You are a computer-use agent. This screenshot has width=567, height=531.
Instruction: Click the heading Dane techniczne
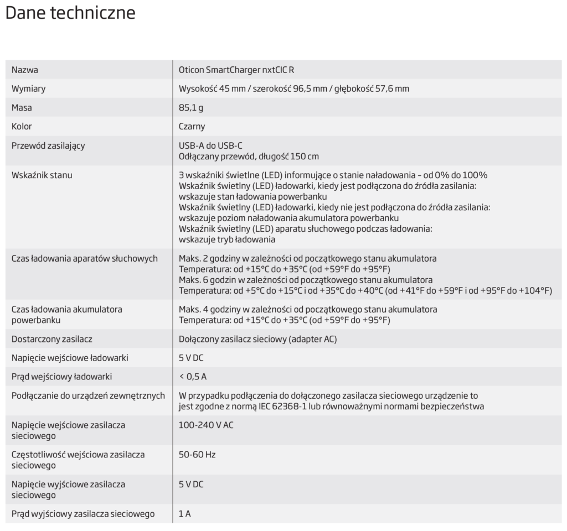(70, 13)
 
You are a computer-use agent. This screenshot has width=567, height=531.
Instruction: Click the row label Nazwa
(25, 70)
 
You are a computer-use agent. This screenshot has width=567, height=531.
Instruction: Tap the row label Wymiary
(29, 89)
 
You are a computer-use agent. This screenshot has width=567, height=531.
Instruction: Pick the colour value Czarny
(192, 127)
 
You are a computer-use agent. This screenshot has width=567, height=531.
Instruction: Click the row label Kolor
(22, 127)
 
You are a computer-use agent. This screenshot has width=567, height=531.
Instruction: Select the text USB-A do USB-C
(210, 146)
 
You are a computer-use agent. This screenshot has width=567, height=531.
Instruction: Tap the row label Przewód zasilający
(48, 146)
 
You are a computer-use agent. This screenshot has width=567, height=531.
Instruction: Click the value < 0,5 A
(193, 377)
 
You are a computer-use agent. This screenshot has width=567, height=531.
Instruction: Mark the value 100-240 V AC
(206, 425)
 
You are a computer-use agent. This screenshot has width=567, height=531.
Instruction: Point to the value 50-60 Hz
(197, 455)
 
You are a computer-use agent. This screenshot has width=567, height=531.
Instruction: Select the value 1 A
(185, 514)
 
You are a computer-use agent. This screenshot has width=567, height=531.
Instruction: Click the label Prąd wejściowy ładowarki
(62, 377)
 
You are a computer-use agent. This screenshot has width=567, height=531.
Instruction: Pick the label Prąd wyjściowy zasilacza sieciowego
(83, 514)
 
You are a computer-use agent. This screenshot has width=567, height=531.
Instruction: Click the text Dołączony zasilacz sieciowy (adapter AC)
(257, 339)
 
